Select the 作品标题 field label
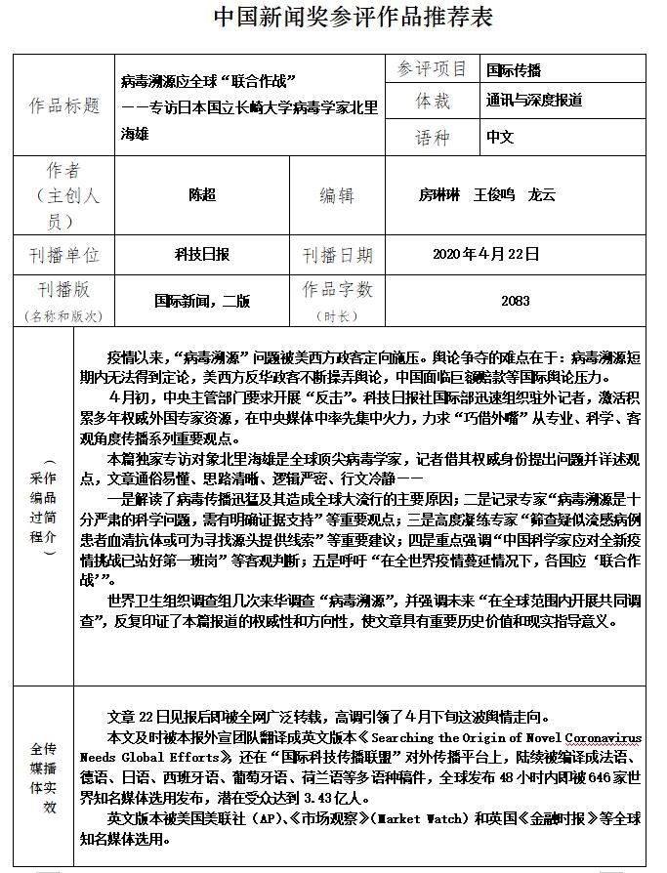coord(65,105)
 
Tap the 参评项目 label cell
coord(433,69)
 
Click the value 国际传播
coord(514,70)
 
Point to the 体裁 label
coord(433,101)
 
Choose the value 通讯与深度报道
coord(534,101)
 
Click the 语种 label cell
coord(433,137)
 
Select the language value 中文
coord(500,137)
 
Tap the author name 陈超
coord(202,194)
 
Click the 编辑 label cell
coord(337,195)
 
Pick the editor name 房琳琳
coord(440,194)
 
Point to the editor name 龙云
coord(541,194)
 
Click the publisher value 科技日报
coord(202,255)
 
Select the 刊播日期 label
coord(337,255)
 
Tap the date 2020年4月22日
coord(486,255)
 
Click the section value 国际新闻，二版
coord(202,302)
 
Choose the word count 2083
coord(516,302)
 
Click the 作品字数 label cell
coord(337,290)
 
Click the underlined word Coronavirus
coord(606,738)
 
